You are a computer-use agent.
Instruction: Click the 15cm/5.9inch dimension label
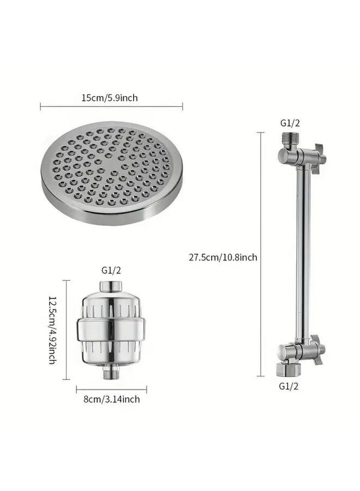110,98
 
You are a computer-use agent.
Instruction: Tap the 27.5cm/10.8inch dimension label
223,257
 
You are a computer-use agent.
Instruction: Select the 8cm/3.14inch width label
111,399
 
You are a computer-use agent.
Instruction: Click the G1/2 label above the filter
111,270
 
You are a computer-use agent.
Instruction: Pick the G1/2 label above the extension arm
290,123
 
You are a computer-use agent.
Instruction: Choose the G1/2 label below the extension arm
289,386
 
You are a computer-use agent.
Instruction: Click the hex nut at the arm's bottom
288,369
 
